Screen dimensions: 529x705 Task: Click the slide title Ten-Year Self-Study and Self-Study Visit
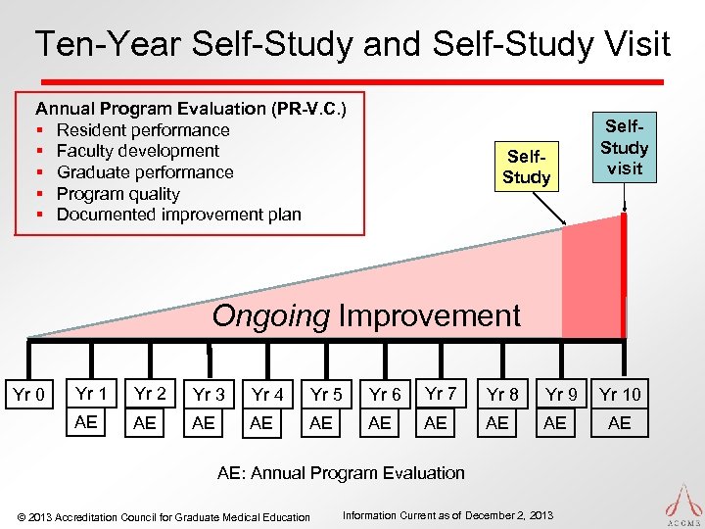[352, 44]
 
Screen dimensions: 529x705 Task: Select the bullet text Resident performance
[143, 129]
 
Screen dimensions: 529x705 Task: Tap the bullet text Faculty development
[138, 151]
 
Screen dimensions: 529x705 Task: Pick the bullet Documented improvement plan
[179, 214]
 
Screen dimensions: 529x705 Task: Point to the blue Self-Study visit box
[624, 147]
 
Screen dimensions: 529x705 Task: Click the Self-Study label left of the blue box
[526, 167]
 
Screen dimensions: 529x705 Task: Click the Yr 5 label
[326, 395]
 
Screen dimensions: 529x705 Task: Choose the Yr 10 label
[620, 395]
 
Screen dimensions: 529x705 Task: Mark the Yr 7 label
[440, 394]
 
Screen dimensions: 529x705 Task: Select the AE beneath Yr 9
[554, 423]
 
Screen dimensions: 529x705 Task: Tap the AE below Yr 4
[261, 423]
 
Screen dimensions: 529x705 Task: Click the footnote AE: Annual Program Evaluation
[341, 473]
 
